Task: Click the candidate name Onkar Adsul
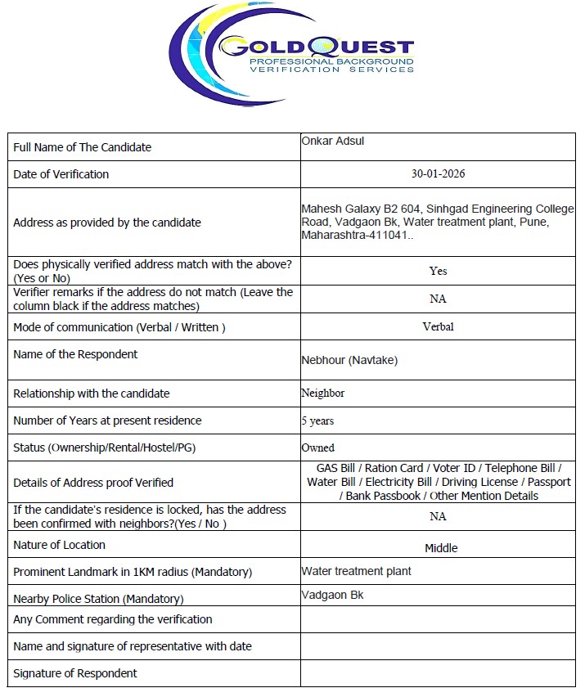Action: [x=333, y=141]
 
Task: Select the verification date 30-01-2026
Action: [x=439, y=174]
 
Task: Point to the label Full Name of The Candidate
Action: [x=83, y=147]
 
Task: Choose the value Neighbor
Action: [x=323, y=393]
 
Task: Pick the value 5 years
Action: [x=317, y=421]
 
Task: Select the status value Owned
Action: [x=318, y=448]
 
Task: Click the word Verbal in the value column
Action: [x=438, y=326]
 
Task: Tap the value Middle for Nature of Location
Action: [x=441, y=548]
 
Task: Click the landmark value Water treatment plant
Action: [x=356, y=571]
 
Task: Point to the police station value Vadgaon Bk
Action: [x=332, y=595]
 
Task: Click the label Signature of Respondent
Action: [x=75, y=673]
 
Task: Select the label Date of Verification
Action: [x=61, y=174]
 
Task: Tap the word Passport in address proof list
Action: [x=549, y=482]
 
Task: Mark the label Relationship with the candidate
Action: [x=92, y=393]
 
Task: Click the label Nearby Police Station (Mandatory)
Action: [x=98, y=599]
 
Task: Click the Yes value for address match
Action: [x=438, y=271]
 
